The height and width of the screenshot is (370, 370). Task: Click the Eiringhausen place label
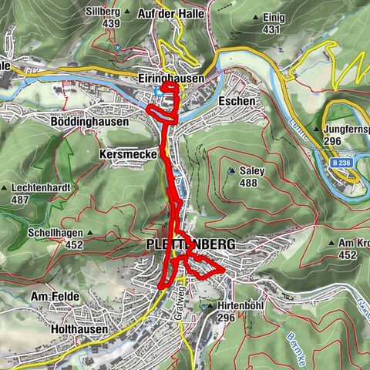point(172,79)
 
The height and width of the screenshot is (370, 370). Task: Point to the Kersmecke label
point(128,154)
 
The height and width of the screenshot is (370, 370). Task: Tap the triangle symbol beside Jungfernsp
point(317,129)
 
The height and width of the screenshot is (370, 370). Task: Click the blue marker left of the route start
point(158,91)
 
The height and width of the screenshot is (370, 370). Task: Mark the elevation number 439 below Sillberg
point(111,24)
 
